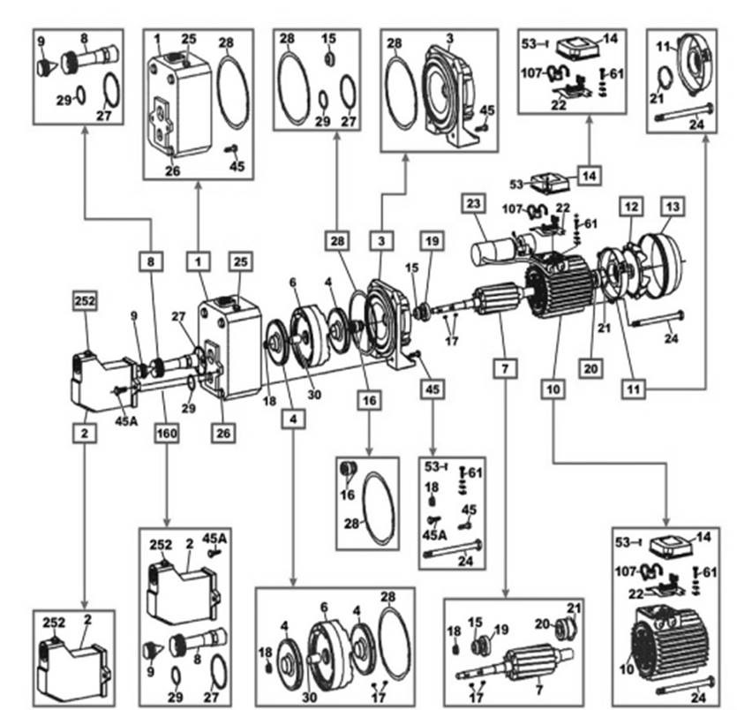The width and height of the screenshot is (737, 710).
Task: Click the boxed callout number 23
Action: point(473,202)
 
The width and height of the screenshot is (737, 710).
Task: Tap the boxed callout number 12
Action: point(630,206)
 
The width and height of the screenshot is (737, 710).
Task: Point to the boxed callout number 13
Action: point(673,206)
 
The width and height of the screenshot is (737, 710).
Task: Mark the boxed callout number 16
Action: point(367,400)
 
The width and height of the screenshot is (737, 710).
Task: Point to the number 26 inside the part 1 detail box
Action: point(173,170)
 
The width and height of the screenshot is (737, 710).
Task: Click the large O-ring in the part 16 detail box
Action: point(379,505)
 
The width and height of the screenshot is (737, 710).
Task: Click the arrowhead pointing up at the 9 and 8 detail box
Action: point(85,131)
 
